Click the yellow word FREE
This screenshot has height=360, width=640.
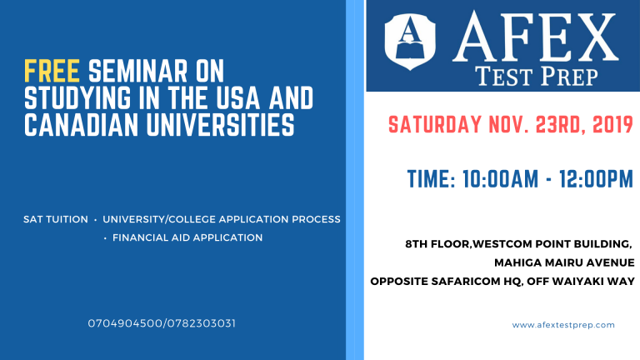click(52, 71)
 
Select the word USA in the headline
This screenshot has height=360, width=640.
click(238, 98)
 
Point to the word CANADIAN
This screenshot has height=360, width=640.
click(81, 124)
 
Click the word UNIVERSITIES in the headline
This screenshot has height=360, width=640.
click(220, 124)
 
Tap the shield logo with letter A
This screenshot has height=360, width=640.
click(410, 41)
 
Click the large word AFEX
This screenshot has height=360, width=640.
click(536, 37)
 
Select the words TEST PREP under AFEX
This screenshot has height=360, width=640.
click(537, 77)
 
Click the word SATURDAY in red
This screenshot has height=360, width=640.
click(435, 125)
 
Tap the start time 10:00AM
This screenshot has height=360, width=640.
click(500, 179)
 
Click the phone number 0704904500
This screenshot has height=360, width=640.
click(125, 323)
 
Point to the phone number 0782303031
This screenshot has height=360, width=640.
click(201, 323)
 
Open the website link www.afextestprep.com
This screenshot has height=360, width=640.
click(563, 325)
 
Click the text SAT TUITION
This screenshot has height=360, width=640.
click(56, 220)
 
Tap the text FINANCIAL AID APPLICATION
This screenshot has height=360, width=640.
click(187, 237)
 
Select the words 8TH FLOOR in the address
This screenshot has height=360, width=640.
click(437, 244)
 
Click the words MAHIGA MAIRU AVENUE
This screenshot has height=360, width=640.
click(564, 262)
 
